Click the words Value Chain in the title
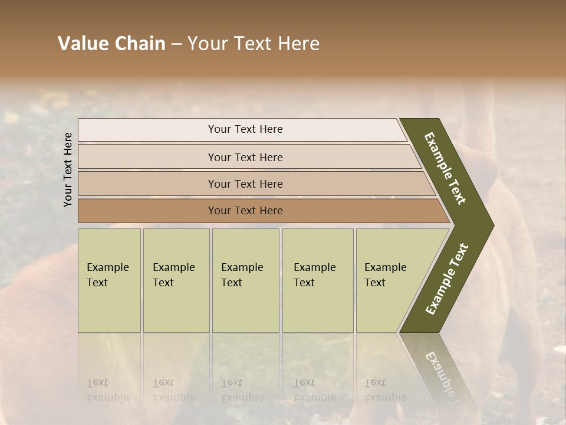coord(111,44)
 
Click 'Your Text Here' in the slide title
coord(254,44)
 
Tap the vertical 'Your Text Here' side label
coord(68,169)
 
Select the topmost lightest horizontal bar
coord(147,130)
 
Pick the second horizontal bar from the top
coord(147,157)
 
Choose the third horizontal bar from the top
coord(147,184)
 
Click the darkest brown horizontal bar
coord(147,211)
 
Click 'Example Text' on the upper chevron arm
coord(445,168)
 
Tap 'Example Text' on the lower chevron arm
coord(447,279)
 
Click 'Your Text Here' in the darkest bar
coord(245,211)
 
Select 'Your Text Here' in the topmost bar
coord(245,129)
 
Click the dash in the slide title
coord(176,44)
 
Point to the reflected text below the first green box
coord(100,390)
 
